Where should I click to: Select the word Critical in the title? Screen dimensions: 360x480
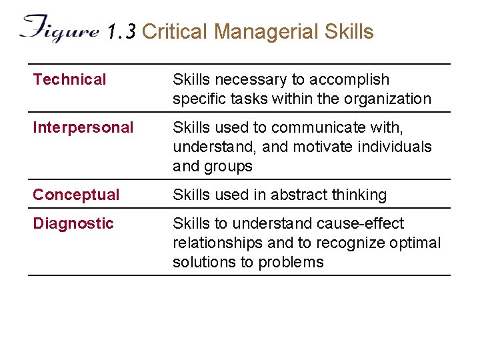coord(175,31)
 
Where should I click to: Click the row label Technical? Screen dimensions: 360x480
coord(69,80)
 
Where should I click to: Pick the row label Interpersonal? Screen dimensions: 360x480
coord(83,127)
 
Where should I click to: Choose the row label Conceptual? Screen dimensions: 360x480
coord(76,195)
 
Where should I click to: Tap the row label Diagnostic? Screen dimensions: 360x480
coord(73,223)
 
